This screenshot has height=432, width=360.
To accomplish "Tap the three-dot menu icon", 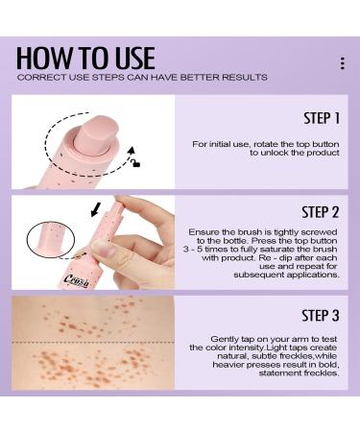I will pos(342,63).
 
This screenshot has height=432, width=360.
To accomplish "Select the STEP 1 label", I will pos(322,119).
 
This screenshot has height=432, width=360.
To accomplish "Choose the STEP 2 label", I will pos(322,211).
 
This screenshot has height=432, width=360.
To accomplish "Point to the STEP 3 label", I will pos(322,314).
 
